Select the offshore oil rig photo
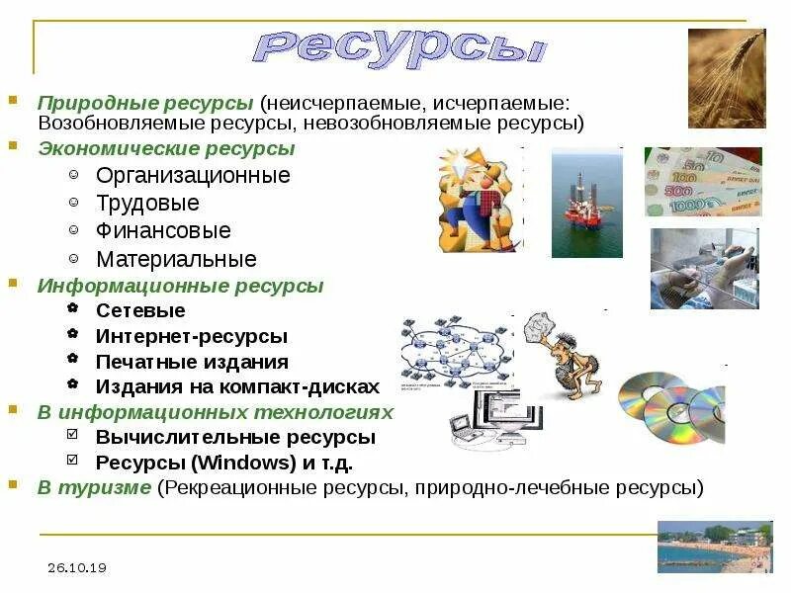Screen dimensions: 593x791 point(586,203)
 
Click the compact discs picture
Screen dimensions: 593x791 point(672,405)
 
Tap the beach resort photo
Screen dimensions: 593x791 point(714,547)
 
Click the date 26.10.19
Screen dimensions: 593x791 point(76,567)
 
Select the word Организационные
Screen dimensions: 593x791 point(193,176)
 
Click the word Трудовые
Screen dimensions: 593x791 point(147,204)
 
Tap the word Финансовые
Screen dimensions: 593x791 point(163,231)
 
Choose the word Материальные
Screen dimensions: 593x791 point(176,260)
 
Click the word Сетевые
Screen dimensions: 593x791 point(140,311)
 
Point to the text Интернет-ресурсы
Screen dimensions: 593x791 point(192,337)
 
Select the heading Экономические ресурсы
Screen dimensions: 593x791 point(166,149)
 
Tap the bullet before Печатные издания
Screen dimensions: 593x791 point(74,361)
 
